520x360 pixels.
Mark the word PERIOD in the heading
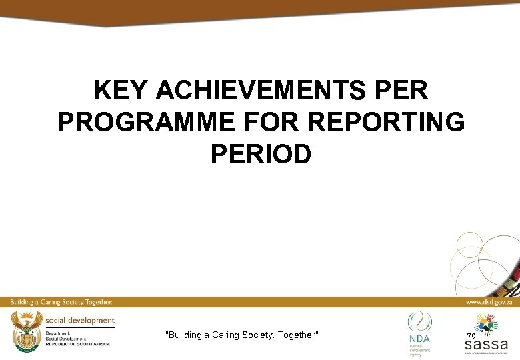pyautogui.click(x=261, y=155)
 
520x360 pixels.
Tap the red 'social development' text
pyautogui.click(x=80, y=321)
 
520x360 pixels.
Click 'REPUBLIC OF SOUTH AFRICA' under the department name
pyautogui.click(x=78, y=344)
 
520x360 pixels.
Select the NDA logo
pyautogui.click(x=419, y=329)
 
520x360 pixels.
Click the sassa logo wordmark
pyautogui.click(x=486, y=345)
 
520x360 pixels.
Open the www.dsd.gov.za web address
pyautogui.click(x=489, y=302)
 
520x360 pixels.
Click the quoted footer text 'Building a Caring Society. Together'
pyautogui.click(x=242, y=335)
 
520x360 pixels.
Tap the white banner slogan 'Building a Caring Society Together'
pyautogui.click(x=61, y=302)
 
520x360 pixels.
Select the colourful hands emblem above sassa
pyautogui.click(x=487, y=325)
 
